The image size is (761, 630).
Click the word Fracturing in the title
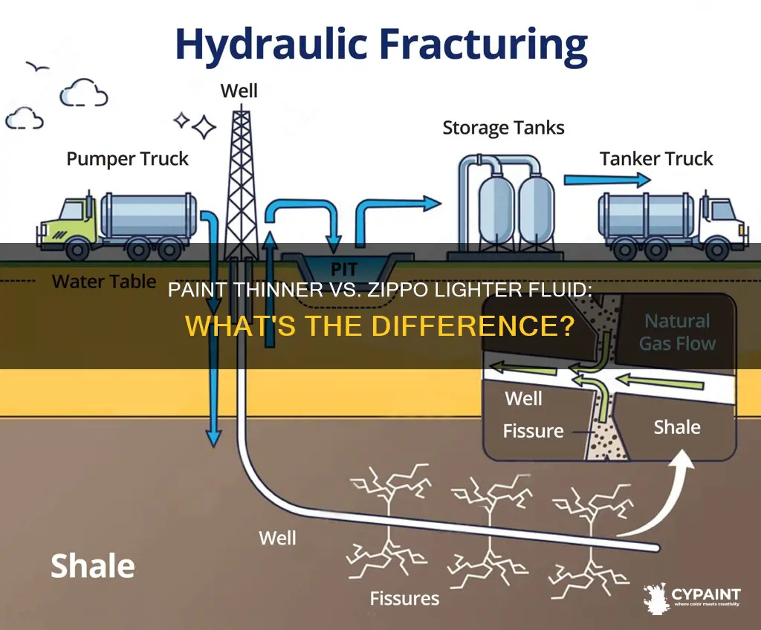(x=486, y=45)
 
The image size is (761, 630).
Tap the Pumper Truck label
(x=127, y=159)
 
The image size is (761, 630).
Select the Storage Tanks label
(x=503, y=128)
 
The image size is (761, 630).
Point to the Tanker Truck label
(x=656, y=159)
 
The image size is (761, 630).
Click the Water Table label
(x=104, y=281)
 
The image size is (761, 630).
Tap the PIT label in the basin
(x=344, y=269)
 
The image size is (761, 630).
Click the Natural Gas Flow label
(x=678, y=332)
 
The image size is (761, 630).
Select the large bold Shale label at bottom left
(x=93, y=566)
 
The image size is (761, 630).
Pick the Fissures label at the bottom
(x=404, y=599)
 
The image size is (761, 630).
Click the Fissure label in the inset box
(x=533, y=431)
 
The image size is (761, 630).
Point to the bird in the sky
(x=37, y=67)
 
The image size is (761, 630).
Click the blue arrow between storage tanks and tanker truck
(x=606, y=180)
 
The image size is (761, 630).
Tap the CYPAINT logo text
(x=706, y=594)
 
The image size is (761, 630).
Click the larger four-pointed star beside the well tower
(x=204, y=127)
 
